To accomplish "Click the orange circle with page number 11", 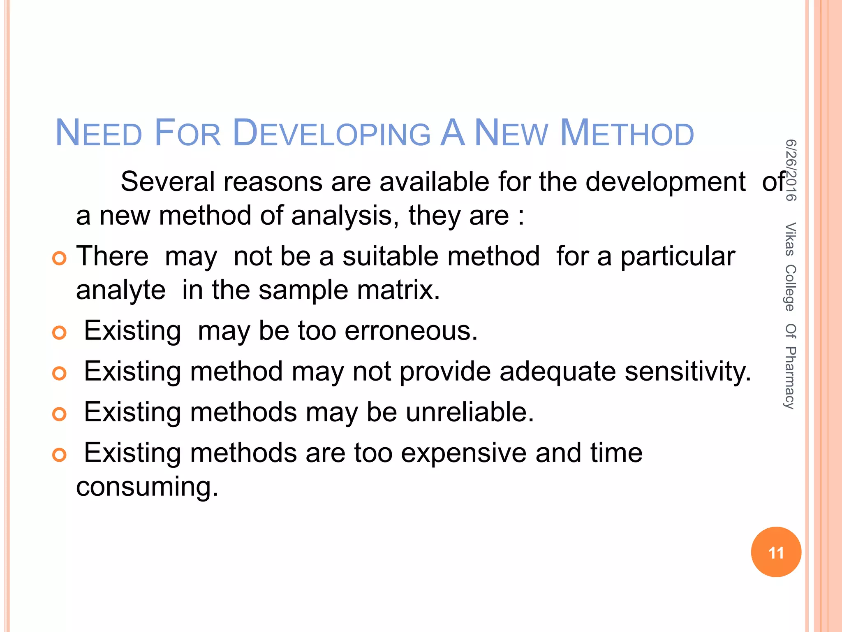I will click(776, 552).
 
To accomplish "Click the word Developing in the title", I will click(331, 133).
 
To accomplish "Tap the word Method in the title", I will click(627, 133).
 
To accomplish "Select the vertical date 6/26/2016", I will click(791, 170).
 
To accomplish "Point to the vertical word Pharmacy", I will click(790, 378).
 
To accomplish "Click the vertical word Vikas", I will click(790, 239).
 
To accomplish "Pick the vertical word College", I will click(790, 288).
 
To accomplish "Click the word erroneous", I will click(411, 331).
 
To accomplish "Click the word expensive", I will click(463, 453).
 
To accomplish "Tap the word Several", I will click(167, 182).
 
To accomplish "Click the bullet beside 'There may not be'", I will click(60, 258).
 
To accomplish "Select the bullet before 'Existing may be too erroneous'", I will click(60, 332).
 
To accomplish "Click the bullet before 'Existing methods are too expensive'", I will click(60, 455).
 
